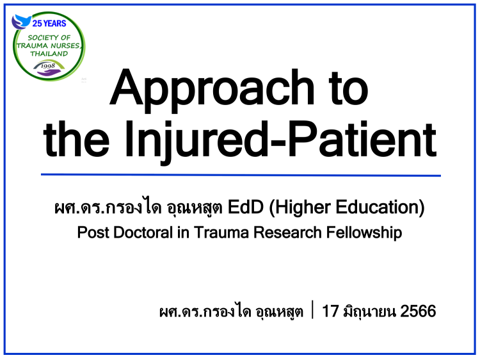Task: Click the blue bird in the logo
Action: point(21,22)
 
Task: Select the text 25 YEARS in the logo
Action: point(49,23)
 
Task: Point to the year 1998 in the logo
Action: point(48,65)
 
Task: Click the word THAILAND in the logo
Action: point(49,54)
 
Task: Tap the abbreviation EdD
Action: point(246,207)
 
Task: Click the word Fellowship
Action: point(364,233)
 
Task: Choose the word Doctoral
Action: point(143,233)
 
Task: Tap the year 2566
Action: point(418,311)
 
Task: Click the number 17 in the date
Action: point(330,311)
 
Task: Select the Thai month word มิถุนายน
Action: point(369,311)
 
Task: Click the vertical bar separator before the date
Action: point(312,309)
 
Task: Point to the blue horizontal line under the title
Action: point(241,176)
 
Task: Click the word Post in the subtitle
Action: point(93,233)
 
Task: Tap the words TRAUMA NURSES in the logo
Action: point(49,45)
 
